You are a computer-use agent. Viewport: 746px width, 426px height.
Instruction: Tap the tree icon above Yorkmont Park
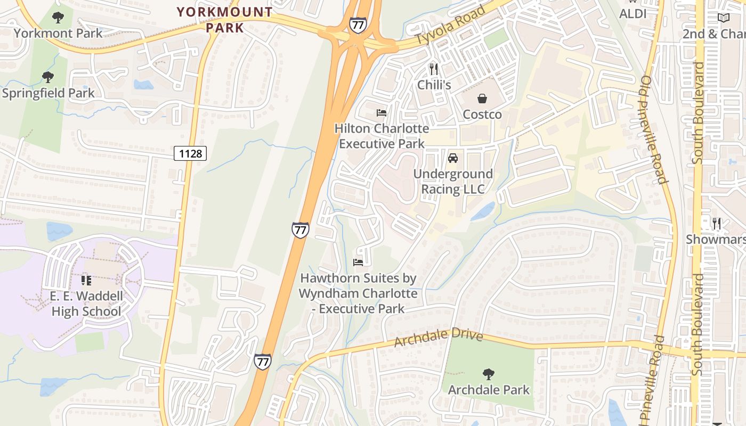pyautogui.click(x=58, y=18)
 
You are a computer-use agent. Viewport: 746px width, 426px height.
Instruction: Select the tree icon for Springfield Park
pyautogui.click(x=48, y=77)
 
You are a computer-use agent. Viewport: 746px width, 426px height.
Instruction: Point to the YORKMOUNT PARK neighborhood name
pyautogui.click(x=224, y=19)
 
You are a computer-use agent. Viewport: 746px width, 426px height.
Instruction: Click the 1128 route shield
pyautogui.click(x=190, y=154)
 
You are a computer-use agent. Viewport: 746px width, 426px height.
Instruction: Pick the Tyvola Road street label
pyautogui.click(x=451, y=25)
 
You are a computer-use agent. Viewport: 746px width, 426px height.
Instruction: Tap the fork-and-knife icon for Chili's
pyautogui.click(x=434, y=69)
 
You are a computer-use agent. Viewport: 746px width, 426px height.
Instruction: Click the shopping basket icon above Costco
pyautogui.click(x=482, y=99)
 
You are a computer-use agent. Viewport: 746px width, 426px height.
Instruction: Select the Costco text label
pyautogui.click(x=482, y=114)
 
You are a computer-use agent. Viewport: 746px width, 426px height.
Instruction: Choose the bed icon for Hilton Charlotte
pyautogui.click(x=382, y=113)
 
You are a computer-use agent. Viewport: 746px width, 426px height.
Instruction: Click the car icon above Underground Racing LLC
pyautogui.click(x=453, y=158)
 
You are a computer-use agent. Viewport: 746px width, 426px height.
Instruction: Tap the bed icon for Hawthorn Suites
pyautogui.click(x=358, y=263)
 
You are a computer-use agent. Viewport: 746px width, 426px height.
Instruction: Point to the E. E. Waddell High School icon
pyautogui.click(x=86, y=280)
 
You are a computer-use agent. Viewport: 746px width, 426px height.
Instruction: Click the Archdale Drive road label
pyautogui.click(x=438, y=338)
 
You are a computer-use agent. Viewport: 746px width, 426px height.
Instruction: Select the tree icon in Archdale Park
pyautogui.click(x=488, y=374)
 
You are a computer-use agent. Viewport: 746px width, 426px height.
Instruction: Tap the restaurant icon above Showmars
pyautogui.click(x=717, y=224)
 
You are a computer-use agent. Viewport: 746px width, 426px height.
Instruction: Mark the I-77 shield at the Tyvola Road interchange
pyautogui.click(x=358, y=25)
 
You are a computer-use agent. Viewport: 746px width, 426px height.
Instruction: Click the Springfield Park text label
pyautogui.click(x=48, y=93)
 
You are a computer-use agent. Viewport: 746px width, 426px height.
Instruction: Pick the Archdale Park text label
pyautogui.click(x=489, y=390)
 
